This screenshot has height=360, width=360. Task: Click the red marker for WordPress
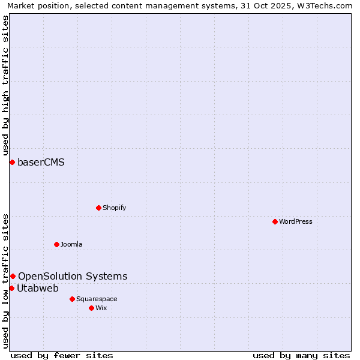(x=275, y=221)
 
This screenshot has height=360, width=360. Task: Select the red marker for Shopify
(x=98, y=208)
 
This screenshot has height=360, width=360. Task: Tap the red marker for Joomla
(x=56, y=244)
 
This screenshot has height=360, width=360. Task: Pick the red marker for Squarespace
(x=72, y=299)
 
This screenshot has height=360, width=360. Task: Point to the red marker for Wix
(x=91, y=308)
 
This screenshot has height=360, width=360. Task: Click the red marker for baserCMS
(x=12, y=162)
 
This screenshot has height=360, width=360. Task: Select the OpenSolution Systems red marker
(x=13, y=276)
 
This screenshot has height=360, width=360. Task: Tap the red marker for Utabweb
(x=11, y=288)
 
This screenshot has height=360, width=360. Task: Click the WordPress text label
(x=296, y=221)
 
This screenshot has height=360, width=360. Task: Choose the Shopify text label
(x=114, y=208)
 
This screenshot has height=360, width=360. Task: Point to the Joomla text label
(x=71, y=244)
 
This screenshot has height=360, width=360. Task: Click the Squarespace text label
(x=97, y=299)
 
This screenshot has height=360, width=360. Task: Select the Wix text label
(x=101, y=308)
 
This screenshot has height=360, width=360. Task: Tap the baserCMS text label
(x=41, y=162)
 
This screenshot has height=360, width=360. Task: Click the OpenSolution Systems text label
(x=73, y=276)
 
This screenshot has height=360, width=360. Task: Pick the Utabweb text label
(x=38, y=288)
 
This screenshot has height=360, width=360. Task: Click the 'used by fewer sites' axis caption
(x=62, y=355)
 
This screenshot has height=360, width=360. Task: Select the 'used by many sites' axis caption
(x=301, y=355)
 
